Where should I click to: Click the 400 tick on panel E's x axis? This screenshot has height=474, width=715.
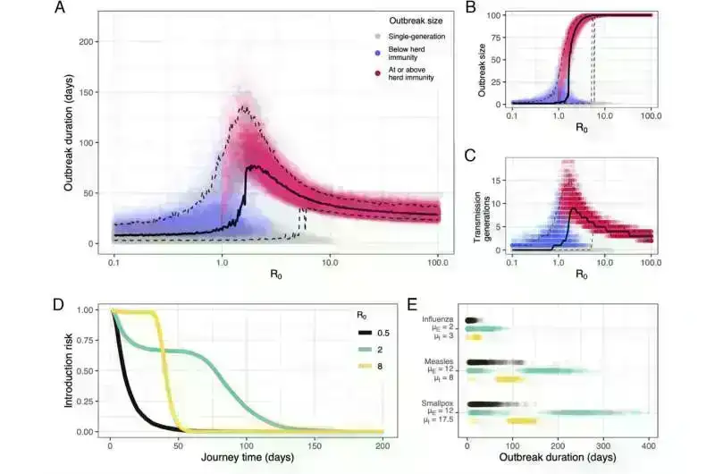(x=648, y=445)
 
